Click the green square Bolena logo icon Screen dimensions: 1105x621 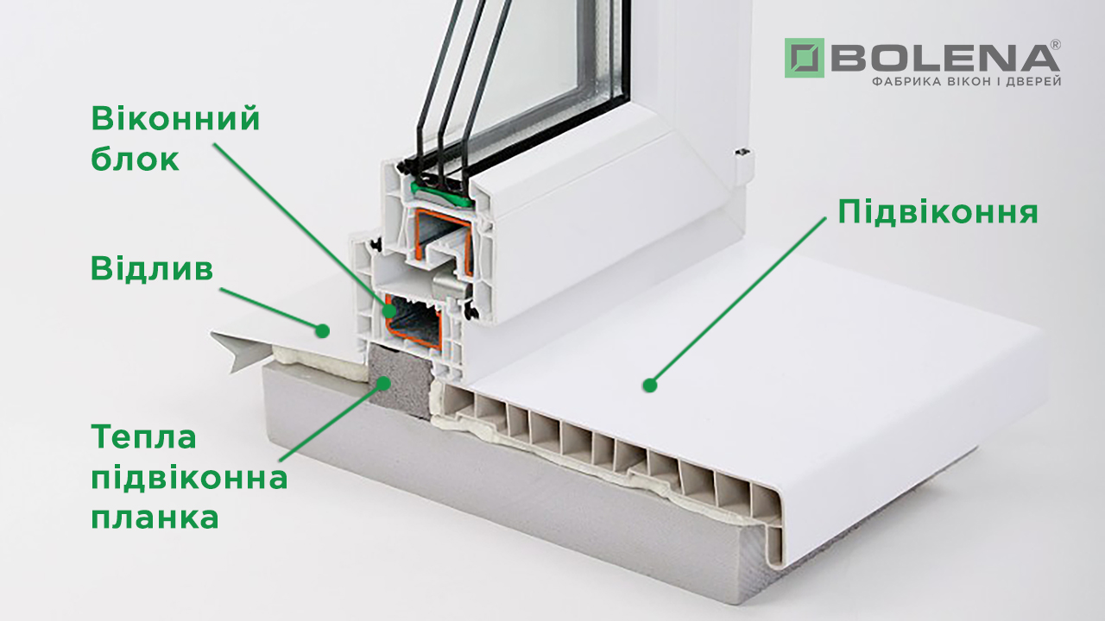click(x=804, y=58)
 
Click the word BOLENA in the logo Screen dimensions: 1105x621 click(x=945, y=59)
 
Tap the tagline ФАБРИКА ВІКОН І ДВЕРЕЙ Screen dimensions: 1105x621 click(x=966, y=81)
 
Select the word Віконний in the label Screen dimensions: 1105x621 click(x=175, y=119)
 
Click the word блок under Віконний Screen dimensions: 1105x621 click(x=136, y=159)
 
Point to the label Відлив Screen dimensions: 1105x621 click(x=152, y=269)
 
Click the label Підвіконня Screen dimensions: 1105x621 click(x=938, y=212)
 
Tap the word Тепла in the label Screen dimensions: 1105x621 click(x=143, y=437)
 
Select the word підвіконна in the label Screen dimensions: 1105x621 click(x=189, y=478)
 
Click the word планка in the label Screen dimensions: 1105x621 click(x=155, y=517)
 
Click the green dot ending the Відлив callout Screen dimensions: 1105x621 click(x=322, y=330)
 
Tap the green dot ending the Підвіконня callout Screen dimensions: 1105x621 click(x=650, y=385)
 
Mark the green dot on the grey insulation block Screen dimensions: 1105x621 click(x=382, y=383)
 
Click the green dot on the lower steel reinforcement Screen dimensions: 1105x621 click(x=389, y=310)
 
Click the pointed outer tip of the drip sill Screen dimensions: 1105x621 click(x=212, y=333)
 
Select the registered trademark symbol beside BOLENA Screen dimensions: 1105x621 click(x=1056, y=44)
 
